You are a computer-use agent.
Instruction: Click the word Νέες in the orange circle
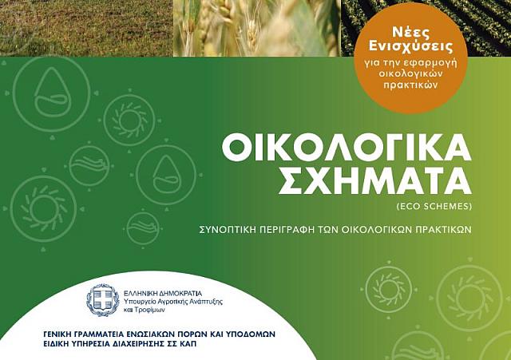click(400, 40)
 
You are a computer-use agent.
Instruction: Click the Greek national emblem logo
click(103, 300)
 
